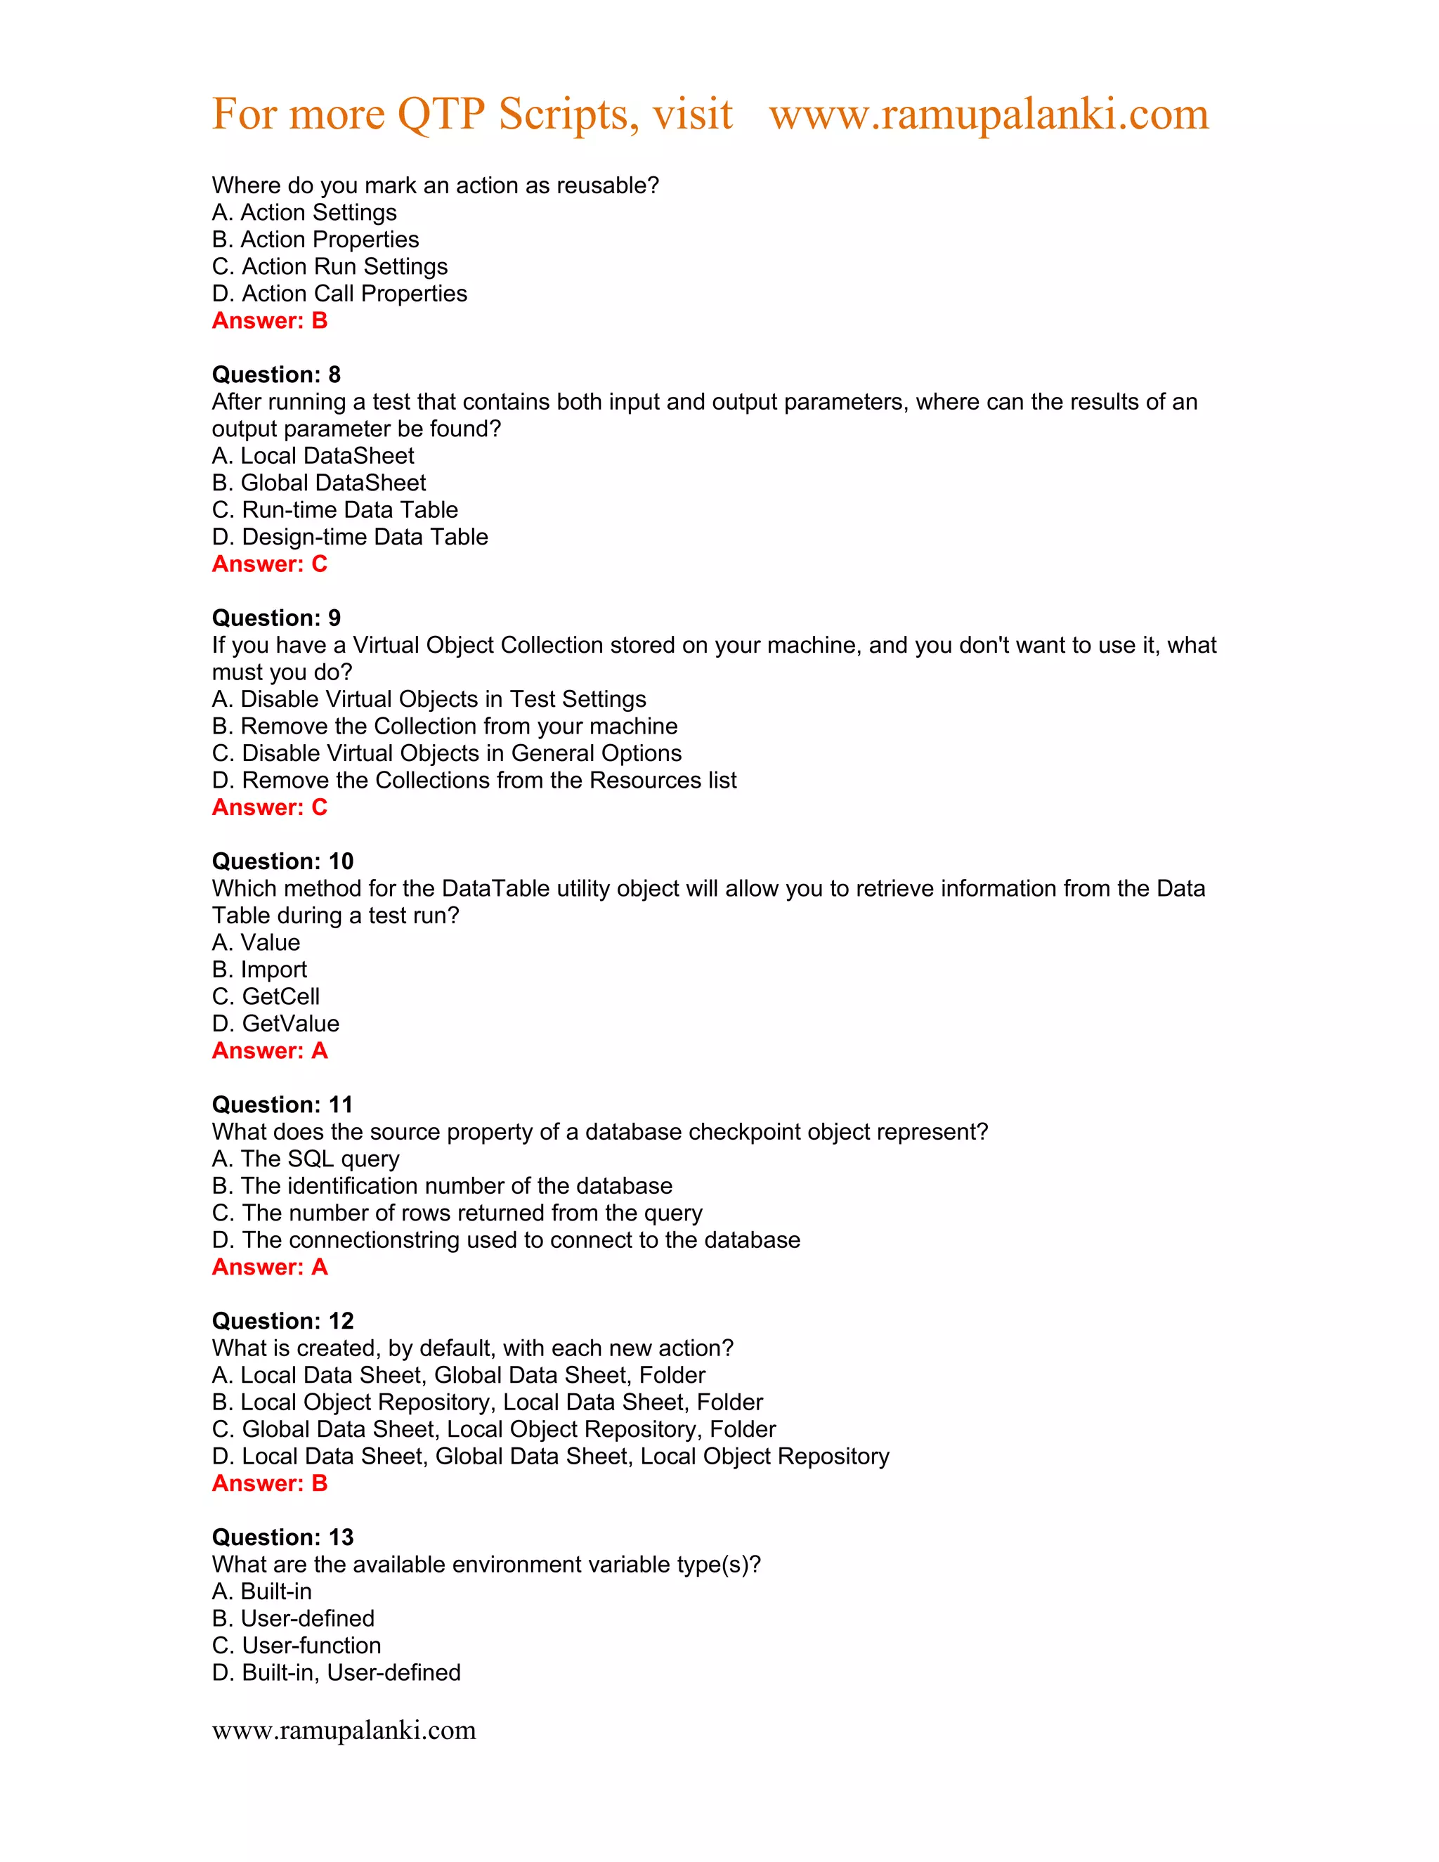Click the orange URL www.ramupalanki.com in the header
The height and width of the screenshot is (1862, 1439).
pyautogui.click(x=988, y=115)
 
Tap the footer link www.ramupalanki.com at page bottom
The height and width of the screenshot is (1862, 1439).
pyautogui.click(x=344, y=1730)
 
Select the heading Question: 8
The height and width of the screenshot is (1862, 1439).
pyautogui.click(x=276, y=375)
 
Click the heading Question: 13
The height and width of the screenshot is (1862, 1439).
pyautogui.click(x=282, y=1537)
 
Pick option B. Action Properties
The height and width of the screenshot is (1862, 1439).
pyautogui.click(x=315, y=240)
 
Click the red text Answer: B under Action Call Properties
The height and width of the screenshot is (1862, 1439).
pyautogui.click(x=269, y=320)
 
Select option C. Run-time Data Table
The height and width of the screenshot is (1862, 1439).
pyautogui.click(x=335, y=510)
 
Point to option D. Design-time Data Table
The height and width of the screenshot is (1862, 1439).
pyautogui.click(x=349, y=537)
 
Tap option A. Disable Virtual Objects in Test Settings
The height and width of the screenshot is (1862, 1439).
pyautogui.click(x=429, y=699)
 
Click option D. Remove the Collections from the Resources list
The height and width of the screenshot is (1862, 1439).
pyautogui.click(x=474, y=780)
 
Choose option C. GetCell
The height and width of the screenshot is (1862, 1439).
pyautogui.click(x=266, y=996)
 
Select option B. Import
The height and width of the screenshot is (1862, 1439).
pyautogui.click(x=259, y=970)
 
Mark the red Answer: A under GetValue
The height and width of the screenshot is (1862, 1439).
pyautogui.click(x=269, y=1050)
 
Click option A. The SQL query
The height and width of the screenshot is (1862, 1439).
pyautogui.click(x=305, y=1159)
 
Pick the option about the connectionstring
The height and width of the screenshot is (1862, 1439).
pyautogui.click(x=505, y=1239)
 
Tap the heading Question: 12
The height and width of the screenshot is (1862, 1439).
pyautogui.click(x=282, y=1321)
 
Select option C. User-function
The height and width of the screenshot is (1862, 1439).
pyautogui.click(x=296, y=1646)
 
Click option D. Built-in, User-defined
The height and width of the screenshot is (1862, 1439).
pyautogui.click(x=336, y=1673)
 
